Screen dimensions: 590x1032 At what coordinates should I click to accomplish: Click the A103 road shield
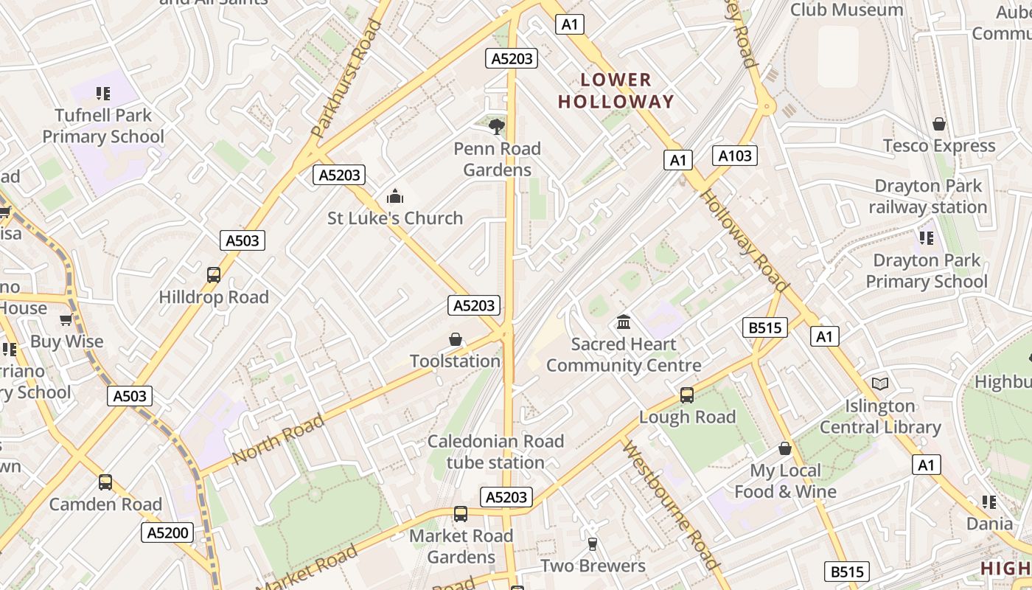point(735,155)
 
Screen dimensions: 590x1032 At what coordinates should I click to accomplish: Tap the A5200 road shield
point(167,532)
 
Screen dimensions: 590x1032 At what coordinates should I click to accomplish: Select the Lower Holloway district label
point(616,91)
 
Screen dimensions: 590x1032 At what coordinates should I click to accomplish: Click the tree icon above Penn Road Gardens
point(498,126)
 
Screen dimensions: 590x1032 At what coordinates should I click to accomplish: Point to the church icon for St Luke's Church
point(395,196)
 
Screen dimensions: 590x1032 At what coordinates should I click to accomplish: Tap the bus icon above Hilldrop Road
point(214,275)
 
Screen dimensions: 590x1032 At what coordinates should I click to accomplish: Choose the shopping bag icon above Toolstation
point(456,339)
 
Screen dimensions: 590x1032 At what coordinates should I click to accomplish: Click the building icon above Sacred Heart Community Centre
point(624,322)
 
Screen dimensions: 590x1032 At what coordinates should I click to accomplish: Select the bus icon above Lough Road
point(687,395)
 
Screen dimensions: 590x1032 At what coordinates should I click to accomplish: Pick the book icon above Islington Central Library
point(880,383)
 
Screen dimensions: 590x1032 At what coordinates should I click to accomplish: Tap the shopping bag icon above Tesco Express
point(939,124)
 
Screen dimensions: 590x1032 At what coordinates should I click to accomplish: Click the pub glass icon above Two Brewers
point(593,544)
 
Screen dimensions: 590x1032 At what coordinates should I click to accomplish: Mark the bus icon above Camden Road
point(105,482)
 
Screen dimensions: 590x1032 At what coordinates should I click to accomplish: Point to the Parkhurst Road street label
point(346,79)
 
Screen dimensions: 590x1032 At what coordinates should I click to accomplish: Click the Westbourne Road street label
point(671,505)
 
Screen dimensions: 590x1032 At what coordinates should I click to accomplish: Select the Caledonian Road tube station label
point(495,452)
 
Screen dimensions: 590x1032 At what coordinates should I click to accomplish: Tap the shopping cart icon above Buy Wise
point(66,320)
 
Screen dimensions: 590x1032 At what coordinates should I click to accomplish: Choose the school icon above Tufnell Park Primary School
point(103,94)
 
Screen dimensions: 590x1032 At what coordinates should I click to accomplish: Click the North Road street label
point(278,440)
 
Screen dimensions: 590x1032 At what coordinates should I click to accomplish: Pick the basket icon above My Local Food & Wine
point(785,448)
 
